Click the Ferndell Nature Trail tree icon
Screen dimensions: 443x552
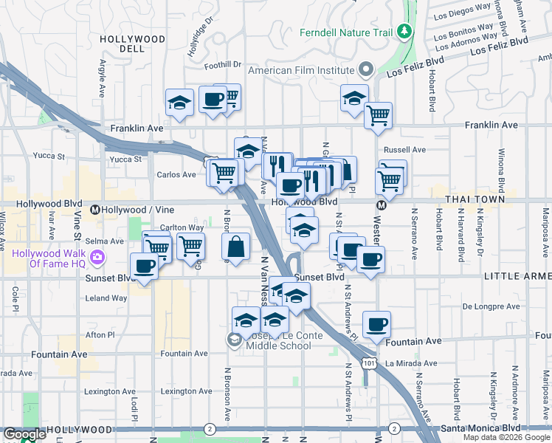pyautogui.click(x=404, y=32)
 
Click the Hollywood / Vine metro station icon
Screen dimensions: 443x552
pyautogui.click(x=94, y=210)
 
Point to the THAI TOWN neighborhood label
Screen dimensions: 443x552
pyautogui.click(x=475, y=199)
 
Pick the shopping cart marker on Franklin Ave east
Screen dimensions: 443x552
pyautogui.click(x=378, y=116)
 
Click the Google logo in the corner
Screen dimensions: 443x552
pyautogui.click(x=24, y=434)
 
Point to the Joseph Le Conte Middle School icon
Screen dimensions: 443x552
pyautogui.click(x=235, y=339)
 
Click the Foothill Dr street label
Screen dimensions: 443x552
pyautogui.click(x=223, y=66)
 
